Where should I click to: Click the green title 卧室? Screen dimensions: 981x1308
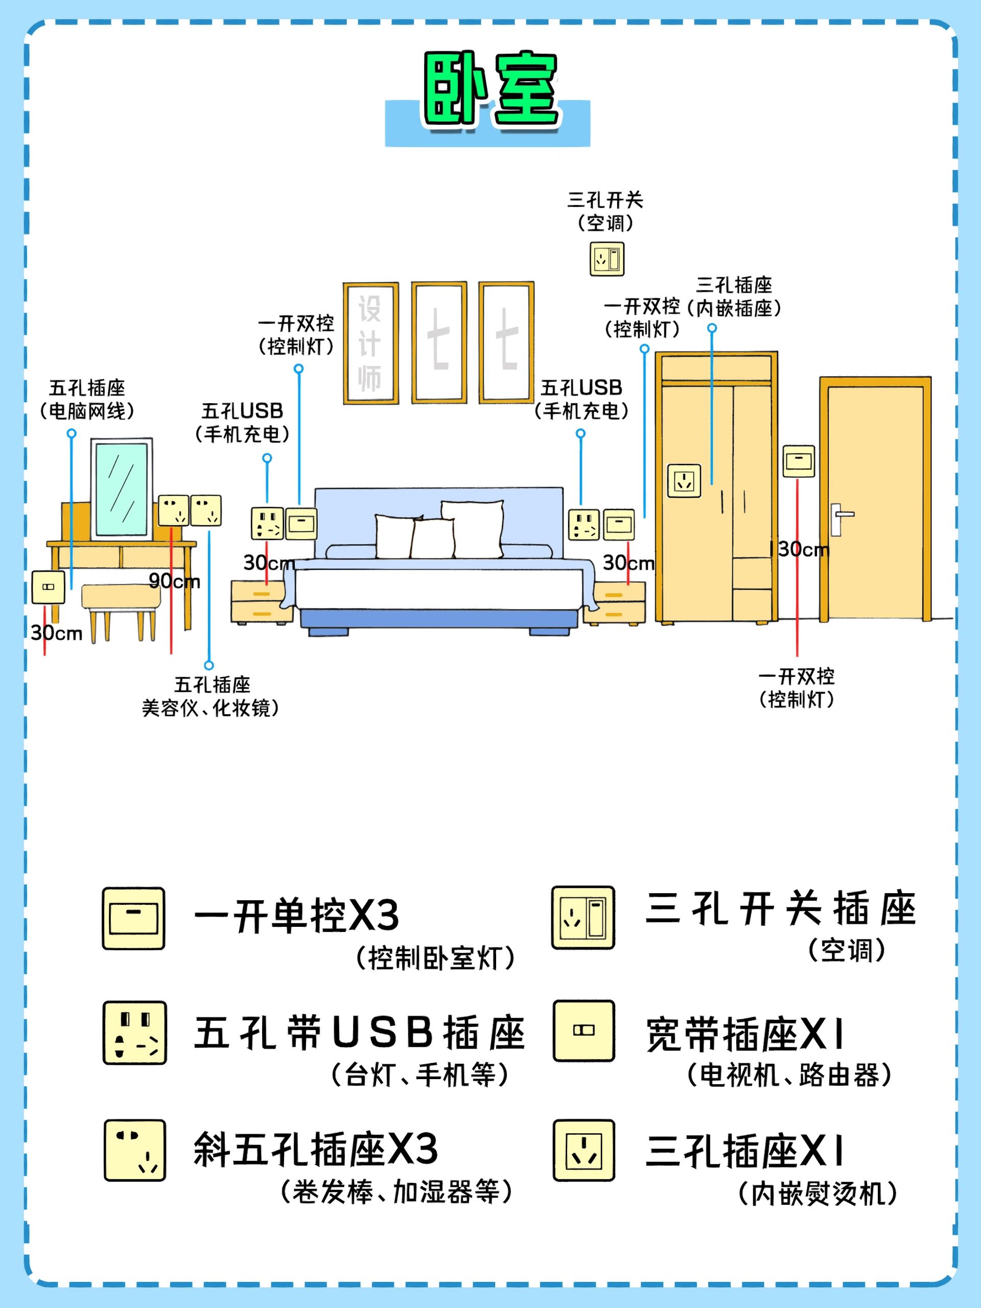490,89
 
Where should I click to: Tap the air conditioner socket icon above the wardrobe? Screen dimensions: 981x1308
606,259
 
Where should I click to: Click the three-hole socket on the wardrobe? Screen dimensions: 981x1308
684,481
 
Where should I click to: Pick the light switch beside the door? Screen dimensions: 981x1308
798,461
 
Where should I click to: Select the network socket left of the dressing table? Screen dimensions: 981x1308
48,587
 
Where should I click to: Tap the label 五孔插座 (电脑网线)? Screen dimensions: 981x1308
87,400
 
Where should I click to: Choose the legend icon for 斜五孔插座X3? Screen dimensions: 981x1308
134,1150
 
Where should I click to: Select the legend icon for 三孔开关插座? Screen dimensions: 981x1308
583,917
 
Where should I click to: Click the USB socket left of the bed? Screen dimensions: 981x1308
267,523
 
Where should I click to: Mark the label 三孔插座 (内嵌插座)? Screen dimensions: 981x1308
734,296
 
